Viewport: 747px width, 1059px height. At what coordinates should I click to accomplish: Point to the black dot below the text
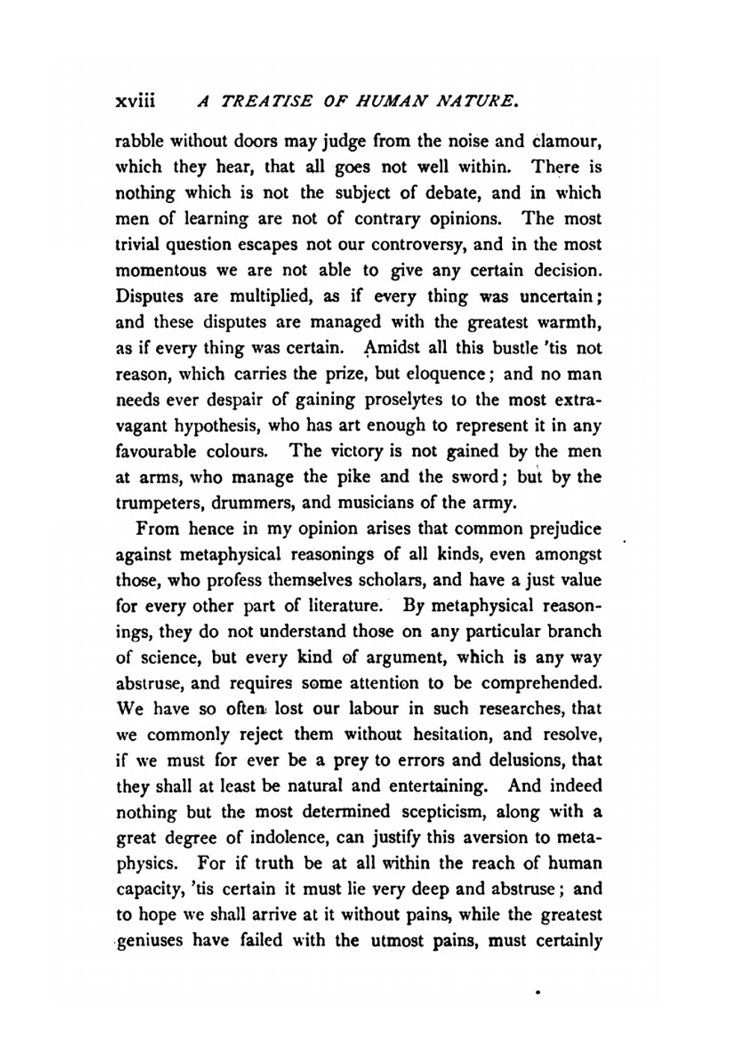point(538,994)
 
